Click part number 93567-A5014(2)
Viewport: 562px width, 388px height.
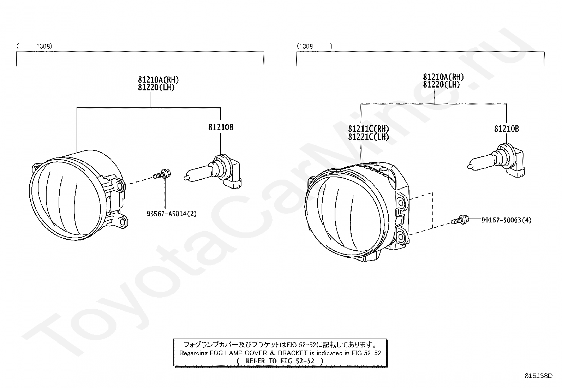click(172, 214)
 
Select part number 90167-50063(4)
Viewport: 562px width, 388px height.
click(506, 220)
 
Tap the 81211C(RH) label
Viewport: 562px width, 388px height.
click(369, 129)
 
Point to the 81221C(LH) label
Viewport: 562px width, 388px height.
click(369, 137)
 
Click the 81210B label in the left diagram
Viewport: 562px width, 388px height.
click(221, 127)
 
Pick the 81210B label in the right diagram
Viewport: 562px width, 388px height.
click(507, 129)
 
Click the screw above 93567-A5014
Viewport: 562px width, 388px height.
click(162, 174)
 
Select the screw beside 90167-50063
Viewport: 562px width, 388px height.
click(460, 220)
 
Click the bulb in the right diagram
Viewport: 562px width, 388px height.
click(496, 160)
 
